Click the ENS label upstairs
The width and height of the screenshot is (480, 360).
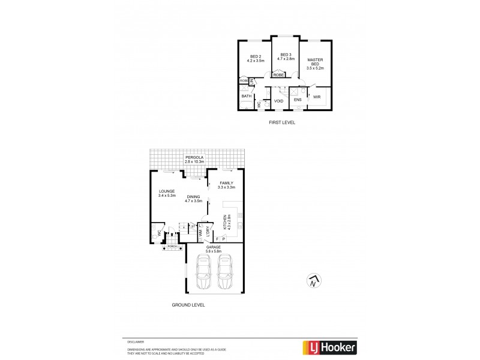click(x=298, y=100)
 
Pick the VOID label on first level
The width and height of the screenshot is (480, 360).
click(x=279, y=101)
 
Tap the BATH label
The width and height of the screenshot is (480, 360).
click(x=247, y=96)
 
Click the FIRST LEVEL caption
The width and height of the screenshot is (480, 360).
click(x=281, y=122)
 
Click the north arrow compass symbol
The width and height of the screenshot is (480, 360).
click(x=312, y=281)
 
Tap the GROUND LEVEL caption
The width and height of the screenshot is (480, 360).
click(x=188, y=305)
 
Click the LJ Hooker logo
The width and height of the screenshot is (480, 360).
click(x=328, y=347)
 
